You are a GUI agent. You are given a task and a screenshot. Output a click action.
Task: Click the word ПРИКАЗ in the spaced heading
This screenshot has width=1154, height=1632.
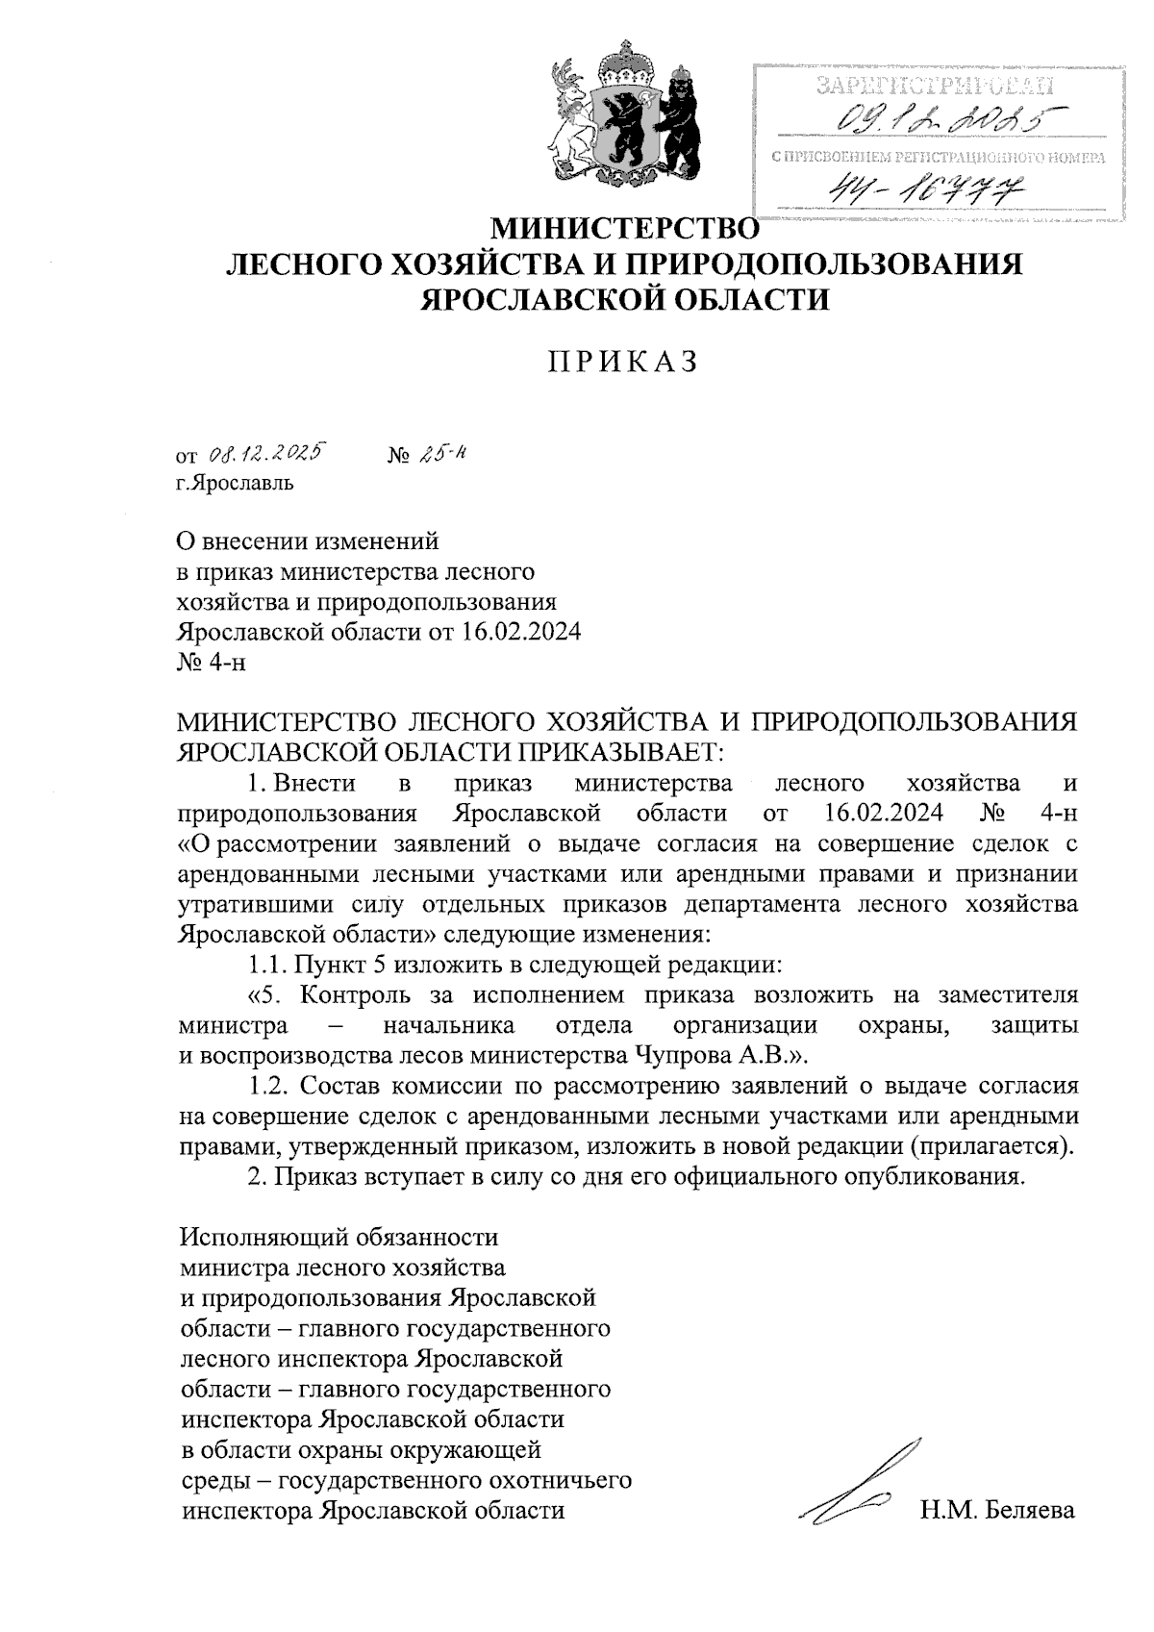[621, 363]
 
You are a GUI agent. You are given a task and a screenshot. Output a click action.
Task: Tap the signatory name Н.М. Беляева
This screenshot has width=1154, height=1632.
[996, 1510]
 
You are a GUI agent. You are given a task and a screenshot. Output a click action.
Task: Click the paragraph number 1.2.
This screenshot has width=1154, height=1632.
[266, 1086]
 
